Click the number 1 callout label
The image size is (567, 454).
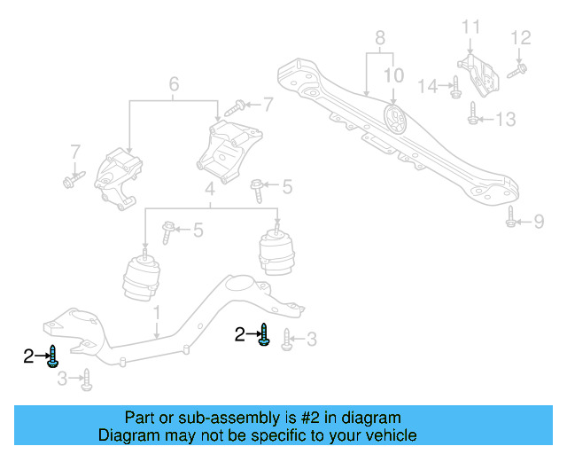coord(156,312)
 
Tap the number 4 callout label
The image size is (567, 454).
coord(209,190)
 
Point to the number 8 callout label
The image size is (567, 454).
coord(380,38)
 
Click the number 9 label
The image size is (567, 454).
coord(539,221)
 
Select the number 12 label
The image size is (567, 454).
coord(521,37)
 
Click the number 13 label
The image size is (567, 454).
coord(504,118)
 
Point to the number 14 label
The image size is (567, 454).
coord(428,86)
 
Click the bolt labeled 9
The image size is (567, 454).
coord(511,216)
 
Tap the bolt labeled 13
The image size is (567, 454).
coord(473,113)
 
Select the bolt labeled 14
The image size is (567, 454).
coord(454,87)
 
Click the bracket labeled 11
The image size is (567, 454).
coord(477,74)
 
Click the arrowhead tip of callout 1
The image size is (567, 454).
coord(157,340)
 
